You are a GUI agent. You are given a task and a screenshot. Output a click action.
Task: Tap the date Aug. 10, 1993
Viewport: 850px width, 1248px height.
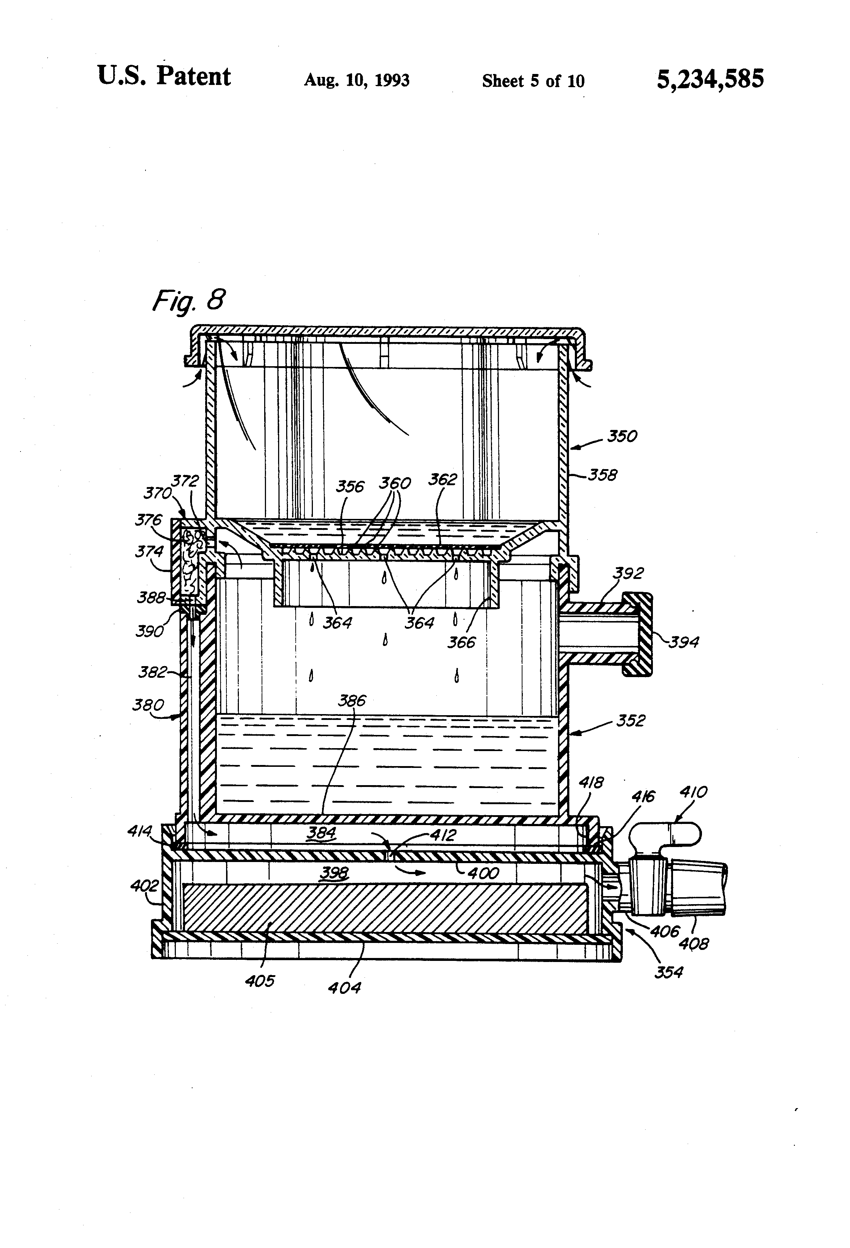click(357, 81)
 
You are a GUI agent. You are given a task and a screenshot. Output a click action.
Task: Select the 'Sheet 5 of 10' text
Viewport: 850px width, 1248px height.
click(533, 81)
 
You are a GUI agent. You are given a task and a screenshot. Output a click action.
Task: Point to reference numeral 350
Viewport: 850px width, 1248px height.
click(622, 436)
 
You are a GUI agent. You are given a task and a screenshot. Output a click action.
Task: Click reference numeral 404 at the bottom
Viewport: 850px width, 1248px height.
click(344, 987)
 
